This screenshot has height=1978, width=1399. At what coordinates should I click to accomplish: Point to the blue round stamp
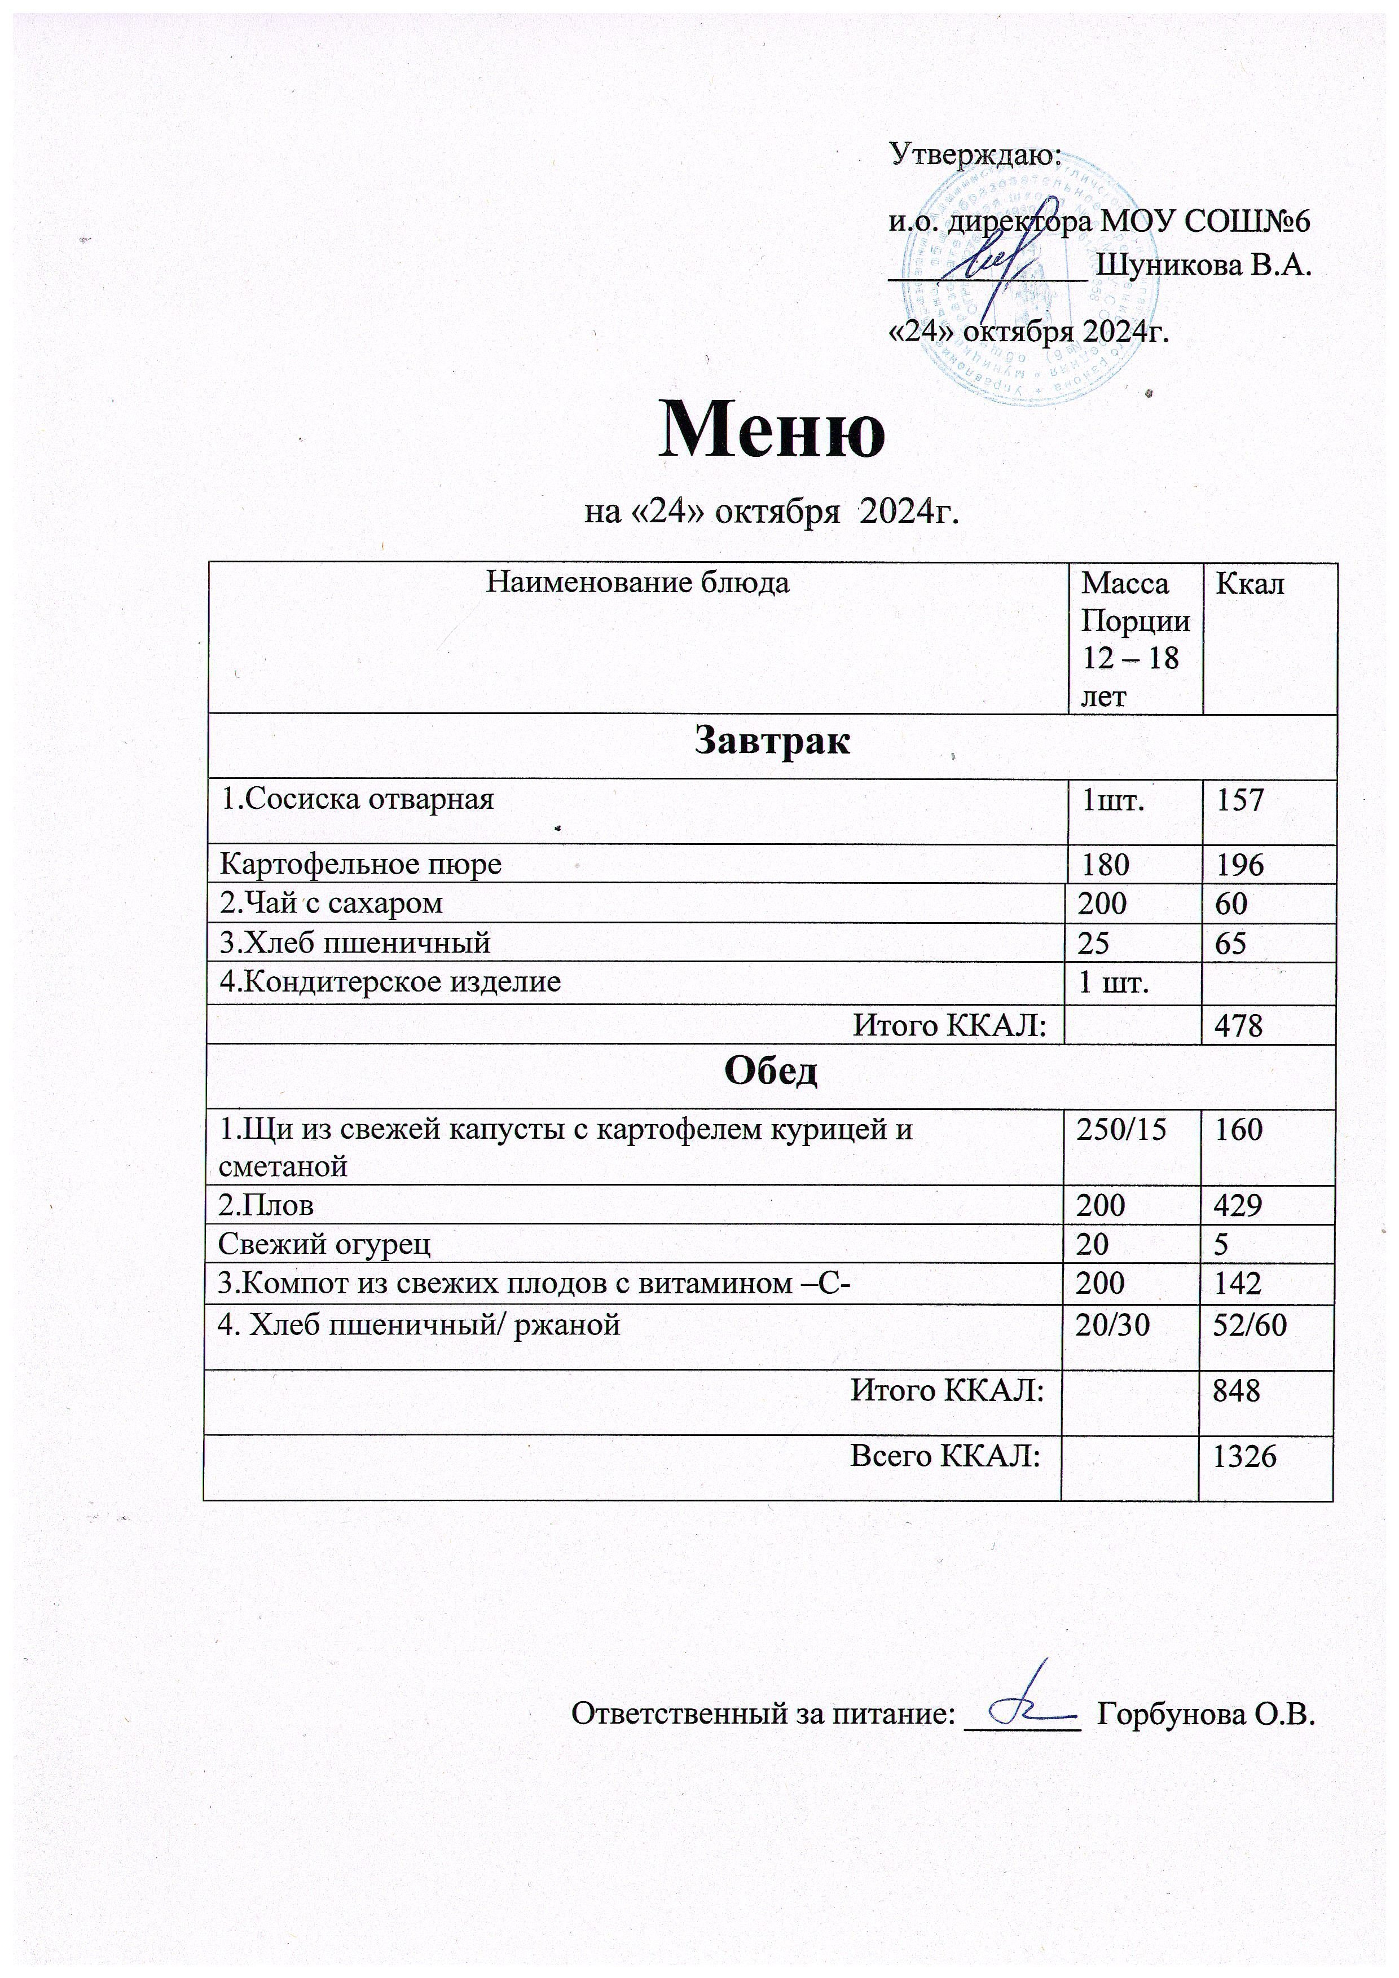click(x=1030, y=284)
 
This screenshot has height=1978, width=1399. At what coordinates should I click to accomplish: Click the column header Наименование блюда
click(x=637, y=583)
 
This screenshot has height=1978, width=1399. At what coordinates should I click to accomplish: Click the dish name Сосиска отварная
click(x=358, y=799)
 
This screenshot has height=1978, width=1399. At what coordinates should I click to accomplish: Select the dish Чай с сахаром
click(x=332, y=903)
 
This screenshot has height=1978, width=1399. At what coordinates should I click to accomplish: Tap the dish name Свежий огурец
click(x=325, y=1244)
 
